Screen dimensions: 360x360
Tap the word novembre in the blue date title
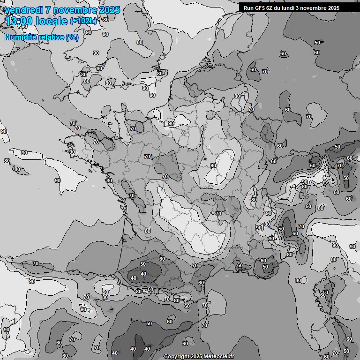pos(75,10)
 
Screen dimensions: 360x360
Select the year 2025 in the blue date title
pos(109,10)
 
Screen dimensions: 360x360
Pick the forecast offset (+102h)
pos(83,21)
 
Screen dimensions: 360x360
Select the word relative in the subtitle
pos(50,37)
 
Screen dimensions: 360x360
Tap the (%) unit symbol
pos(72,37)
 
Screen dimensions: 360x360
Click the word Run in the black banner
pos(249,8)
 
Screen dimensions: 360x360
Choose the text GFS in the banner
pos(261,8)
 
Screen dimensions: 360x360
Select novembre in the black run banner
pos(315,8)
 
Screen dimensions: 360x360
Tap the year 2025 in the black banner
pos(334,8)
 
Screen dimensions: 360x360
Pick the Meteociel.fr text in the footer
pos(218,356)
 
